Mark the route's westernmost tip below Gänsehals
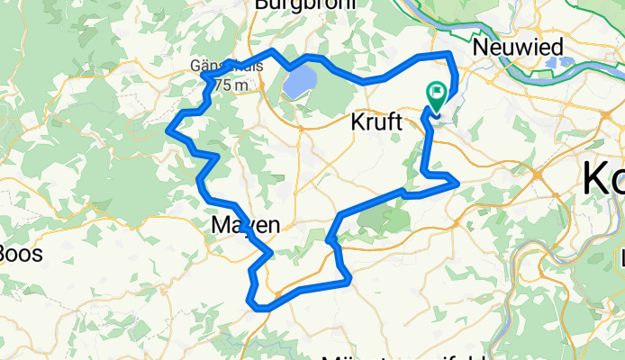coord(169,131)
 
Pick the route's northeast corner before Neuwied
coord(451,56)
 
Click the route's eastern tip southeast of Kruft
coord(458,183)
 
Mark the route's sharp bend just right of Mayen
coord(268,254)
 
